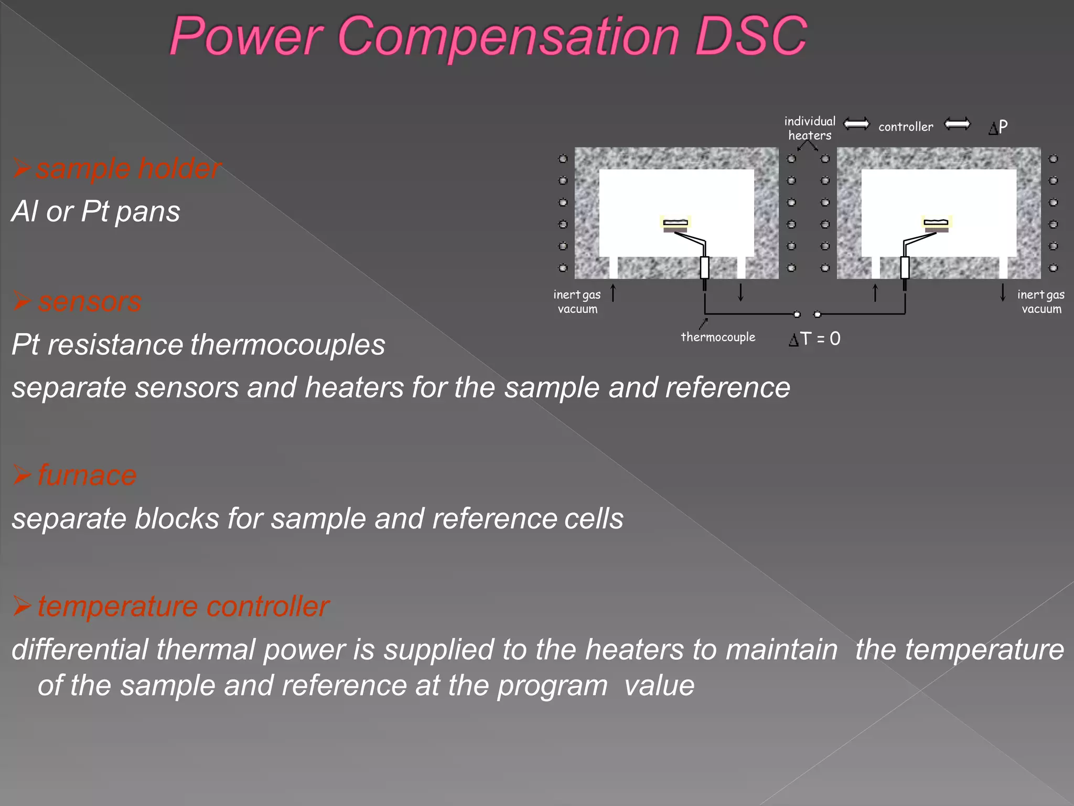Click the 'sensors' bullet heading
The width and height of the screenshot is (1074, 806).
[x=89, y=302]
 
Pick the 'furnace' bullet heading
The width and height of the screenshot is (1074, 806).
[x=87, y=475]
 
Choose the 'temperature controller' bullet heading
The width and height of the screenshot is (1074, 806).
[x=183, y=607]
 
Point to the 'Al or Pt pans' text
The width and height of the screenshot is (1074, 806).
[x=96, y=211]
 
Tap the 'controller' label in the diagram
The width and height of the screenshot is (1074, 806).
[x=906, y=127]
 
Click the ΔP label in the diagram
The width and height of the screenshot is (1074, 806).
[x=998, y=127]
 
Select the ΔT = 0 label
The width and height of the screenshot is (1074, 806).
[x=814, y=339]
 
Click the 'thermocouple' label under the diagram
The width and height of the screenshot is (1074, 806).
[x=718, y=337]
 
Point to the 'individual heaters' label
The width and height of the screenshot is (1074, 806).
[x=810, y=128]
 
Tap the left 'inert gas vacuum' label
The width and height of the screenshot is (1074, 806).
[x=577, y=302]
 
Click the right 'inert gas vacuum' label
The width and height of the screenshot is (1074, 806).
[x=1041, y=302]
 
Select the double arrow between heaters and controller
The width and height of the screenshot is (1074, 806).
[x=856, y=124]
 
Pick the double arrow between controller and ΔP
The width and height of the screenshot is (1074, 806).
[x=957, y=124]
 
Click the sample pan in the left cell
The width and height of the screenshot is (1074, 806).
[x=675, y=224]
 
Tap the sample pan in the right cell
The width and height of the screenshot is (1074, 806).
[x=937, y=224]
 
